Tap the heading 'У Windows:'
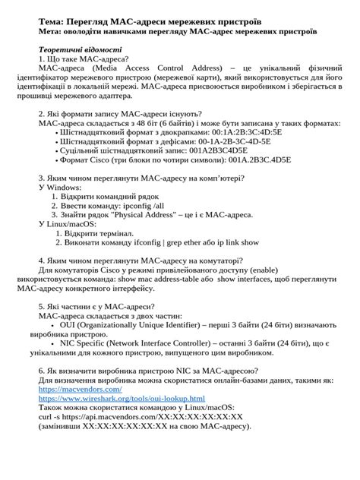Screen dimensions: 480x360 coord(60,186)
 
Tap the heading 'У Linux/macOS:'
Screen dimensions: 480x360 coord(68,224)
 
